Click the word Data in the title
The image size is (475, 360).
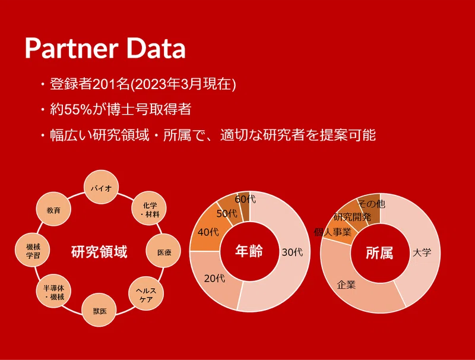pyautogui.click(x=156, y=48)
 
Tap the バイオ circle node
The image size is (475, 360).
pyautogui.click(x=101, y=188)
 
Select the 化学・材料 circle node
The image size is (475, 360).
pyautogui.click(x=149, y=209)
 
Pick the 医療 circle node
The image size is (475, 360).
pyautogui.click(x=163, y=252)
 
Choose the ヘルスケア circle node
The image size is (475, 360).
pyautogui.click(x=146, y=294)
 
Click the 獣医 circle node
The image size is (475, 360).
pyautogui.click(x=99, y=310)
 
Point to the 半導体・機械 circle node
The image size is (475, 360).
pyautogui.click(x=53, y=292)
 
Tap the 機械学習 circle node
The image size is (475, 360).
pyautogui.click(x=33, y=250)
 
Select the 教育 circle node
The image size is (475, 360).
pyautogui.click(x=53, y=209)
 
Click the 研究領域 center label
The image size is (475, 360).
pyautogui.click(x=99, y=251)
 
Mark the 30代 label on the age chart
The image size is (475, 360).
pyautogui.click(x=292, y=252)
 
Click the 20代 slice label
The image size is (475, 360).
pyautogui.click(x=214, y=278)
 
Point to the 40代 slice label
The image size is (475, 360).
pyautogui.click(x=208, y=232)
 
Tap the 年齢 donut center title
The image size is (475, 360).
pyautogui.click(x=249, y=251)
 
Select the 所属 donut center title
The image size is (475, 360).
pyautogui.click(x=379, y=252)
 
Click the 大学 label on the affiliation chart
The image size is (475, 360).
pyautogui.click(x=422, y=252)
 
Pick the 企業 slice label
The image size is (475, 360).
pyautogui.click(x=346, y=285)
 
